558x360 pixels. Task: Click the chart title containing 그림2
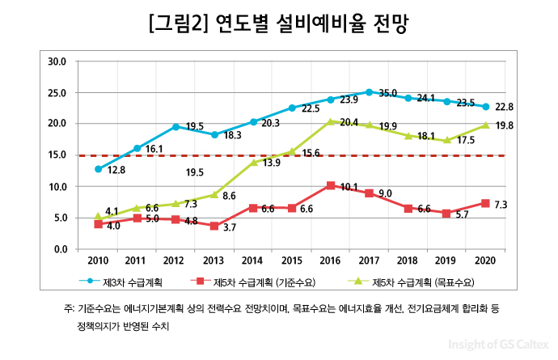(x=278, y=23)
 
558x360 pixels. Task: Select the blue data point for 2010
(x=99, y=169)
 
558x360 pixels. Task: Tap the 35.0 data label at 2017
(x=387, y=94)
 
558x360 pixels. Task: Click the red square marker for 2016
(x=331, y=185)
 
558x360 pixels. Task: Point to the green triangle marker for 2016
(x=331, y=121)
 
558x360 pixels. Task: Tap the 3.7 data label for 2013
(x=229, y=229)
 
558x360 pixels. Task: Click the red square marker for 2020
(x=485, y=203)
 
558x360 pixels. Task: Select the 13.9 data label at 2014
(x=272, y=163)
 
